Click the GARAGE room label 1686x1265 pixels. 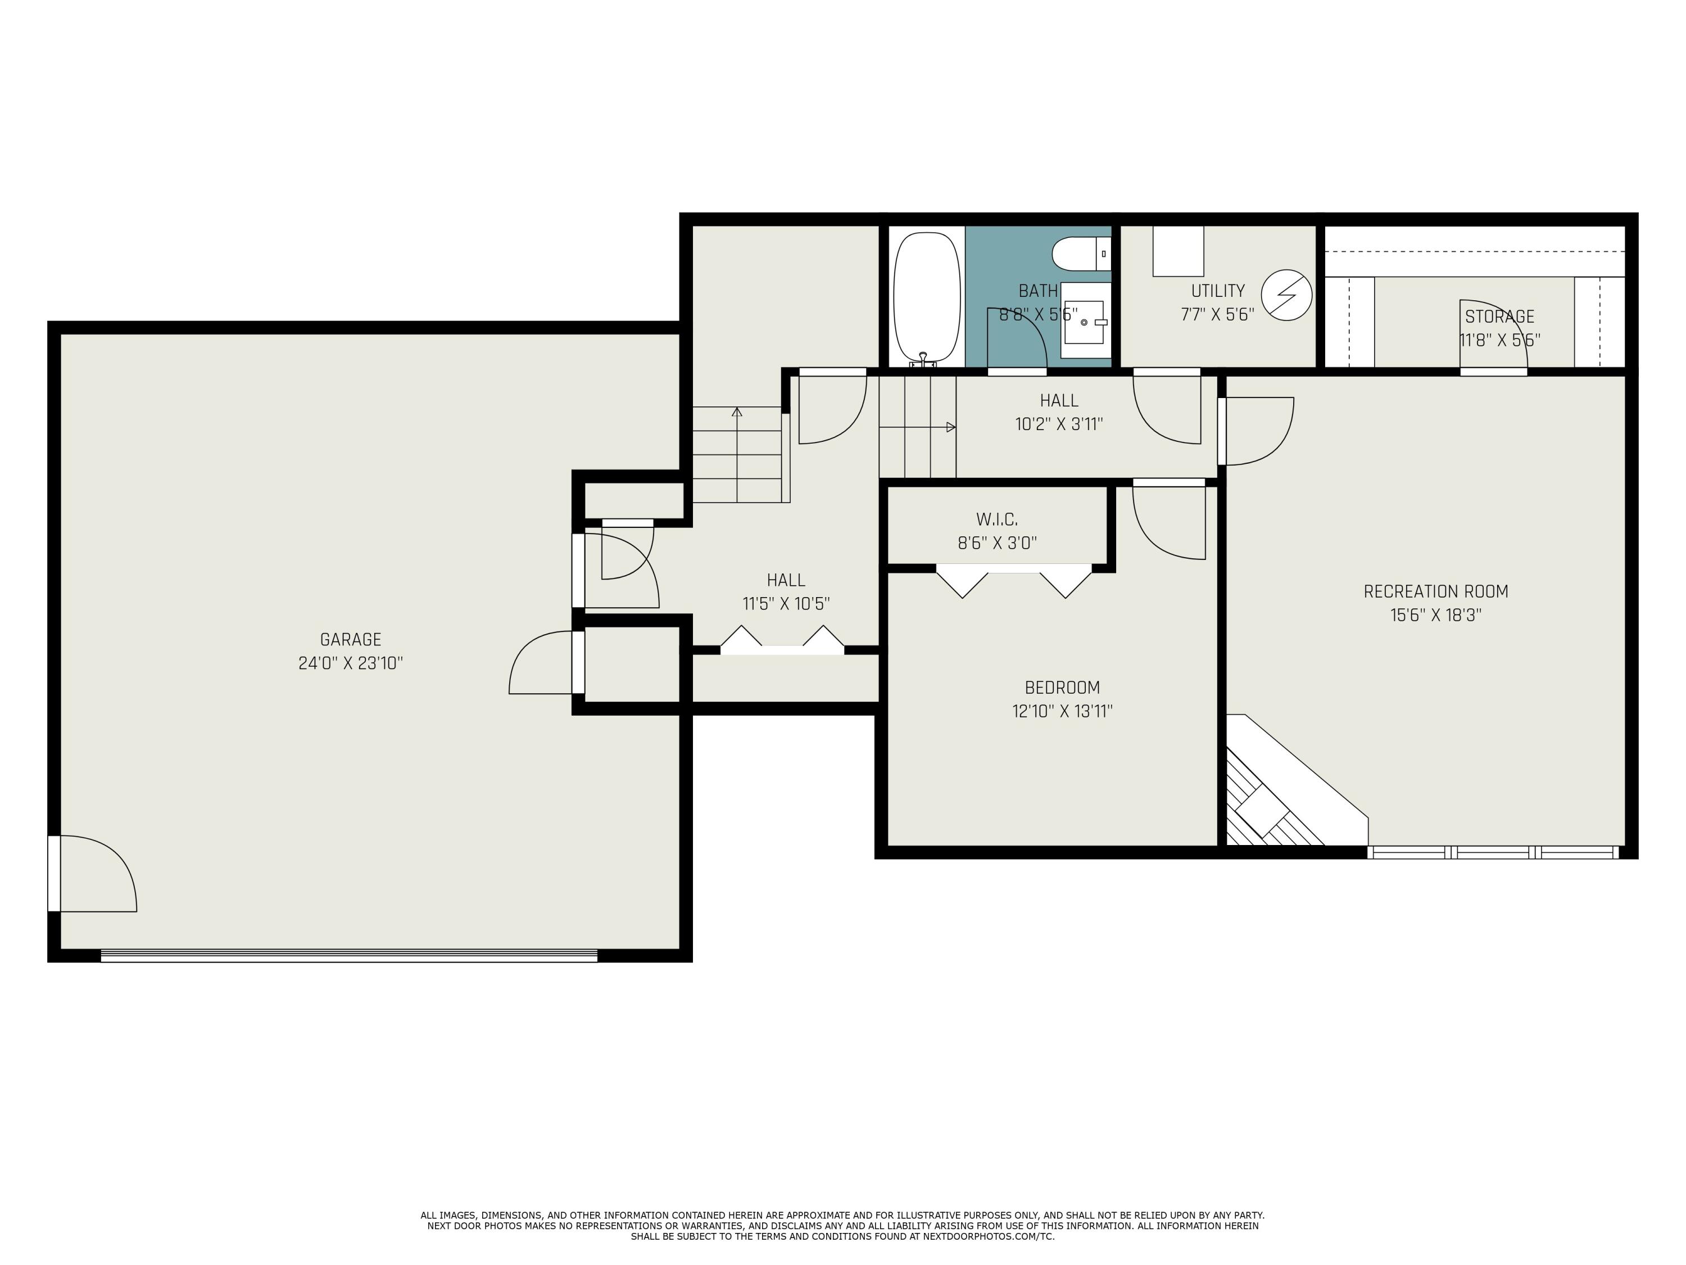coord(351,640)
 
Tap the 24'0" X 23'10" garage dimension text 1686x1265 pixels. coord(351,663)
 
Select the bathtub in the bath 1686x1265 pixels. coord(926,297)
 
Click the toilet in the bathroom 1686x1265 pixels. coord(1077,253)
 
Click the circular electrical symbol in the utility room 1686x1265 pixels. coord(1286,295)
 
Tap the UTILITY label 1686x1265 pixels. coord(1218,291)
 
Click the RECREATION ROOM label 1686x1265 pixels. coord(1435,591)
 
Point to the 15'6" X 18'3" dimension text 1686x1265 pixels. coord(1435,615)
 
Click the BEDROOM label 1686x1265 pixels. coord(1062,687)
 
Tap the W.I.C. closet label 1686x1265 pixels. coord(997,519)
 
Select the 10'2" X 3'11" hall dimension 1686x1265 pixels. coord(1059,424)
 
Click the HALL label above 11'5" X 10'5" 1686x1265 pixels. coord(786,580)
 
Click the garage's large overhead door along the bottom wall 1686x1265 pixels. coord(349,955)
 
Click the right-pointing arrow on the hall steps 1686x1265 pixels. coord(950,427)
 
